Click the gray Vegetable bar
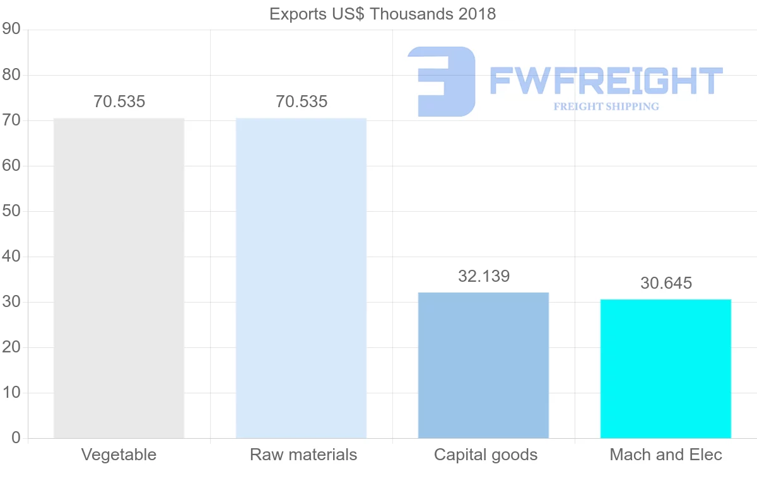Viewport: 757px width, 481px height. click(119, 277)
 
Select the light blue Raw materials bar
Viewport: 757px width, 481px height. click(301, 277)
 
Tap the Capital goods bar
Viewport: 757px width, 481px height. click(483, 365)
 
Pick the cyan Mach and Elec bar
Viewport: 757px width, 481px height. click(666, 368)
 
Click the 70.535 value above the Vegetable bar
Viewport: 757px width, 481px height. click(119, 101)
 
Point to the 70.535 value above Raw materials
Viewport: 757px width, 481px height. click(302, 101)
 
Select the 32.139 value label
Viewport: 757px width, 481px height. click(484, 276)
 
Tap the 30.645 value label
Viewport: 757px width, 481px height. click(666, 283)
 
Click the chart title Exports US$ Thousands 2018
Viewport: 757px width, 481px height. click(382, 14)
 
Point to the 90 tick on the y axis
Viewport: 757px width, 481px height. click(12, 30)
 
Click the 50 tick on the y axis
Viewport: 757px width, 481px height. click(12, 211)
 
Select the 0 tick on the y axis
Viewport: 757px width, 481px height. click(16, 438)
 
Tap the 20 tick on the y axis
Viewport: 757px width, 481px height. click(12, 347)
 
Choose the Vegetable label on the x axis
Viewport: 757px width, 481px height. click(119, 455)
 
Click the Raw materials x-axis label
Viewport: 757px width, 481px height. click(303, 455)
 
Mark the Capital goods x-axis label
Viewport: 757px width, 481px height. click(486, 455)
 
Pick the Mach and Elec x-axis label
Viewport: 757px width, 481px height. click(666, 455)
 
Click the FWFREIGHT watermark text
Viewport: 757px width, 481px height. click(606, 81)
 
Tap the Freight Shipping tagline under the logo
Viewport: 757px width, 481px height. click(606, 107)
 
